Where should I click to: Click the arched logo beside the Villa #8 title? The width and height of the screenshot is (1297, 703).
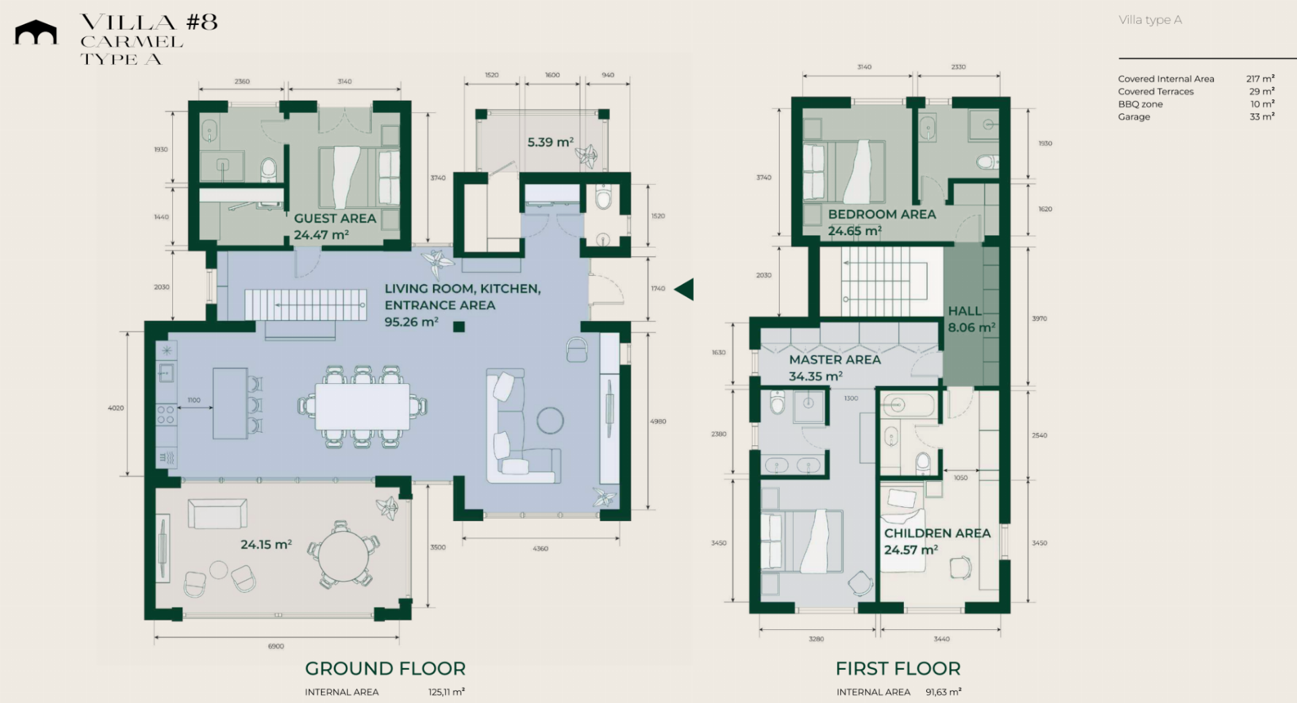click(x=36, y=32)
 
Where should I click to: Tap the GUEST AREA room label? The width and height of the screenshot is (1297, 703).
click(x=335, y=218)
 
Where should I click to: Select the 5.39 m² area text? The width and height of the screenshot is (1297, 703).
click(x=551, y=142)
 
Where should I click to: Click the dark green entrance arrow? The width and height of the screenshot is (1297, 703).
click(x=684, y=289)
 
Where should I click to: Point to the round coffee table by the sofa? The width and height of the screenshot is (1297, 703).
click(x=550, y=420)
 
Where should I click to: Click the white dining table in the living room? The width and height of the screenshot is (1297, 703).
click(x=363, y=406)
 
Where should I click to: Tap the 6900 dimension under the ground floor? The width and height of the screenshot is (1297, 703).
click(x=276, y=646)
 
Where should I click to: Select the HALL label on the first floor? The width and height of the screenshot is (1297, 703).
click(x=965, y=311)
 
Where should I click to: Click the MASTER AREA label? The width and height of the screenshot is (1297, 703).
click(x=835, y=360)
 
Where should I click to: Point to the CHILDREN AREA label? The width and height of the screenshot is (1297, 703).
click(x=938, y=533)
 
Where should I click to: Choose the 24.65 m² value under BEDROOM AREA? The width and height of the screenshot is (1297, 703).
click(x=855, y=231)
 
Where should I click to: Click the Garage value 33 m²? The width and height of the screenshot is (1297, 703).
click(x=1262, y=116)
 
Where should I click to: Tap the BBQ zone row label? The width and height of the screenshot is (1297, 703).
click(x=1140, y=104)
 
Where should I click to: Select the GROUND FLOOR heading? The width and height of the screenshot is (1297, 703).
click(x=385, y=669)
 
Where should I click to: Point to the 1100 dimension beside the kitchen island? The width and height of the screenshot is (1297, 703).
click(x=194, y=400)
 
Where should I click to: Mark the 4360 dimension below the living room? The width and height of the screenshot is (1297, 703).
click(x=540, y=548)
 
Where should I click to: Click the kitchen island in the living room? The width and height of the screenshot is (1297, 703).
click(x=230, y=403)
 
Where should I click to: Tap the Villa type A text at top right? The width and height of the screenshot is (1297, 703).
click(x=1150, y=20)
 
